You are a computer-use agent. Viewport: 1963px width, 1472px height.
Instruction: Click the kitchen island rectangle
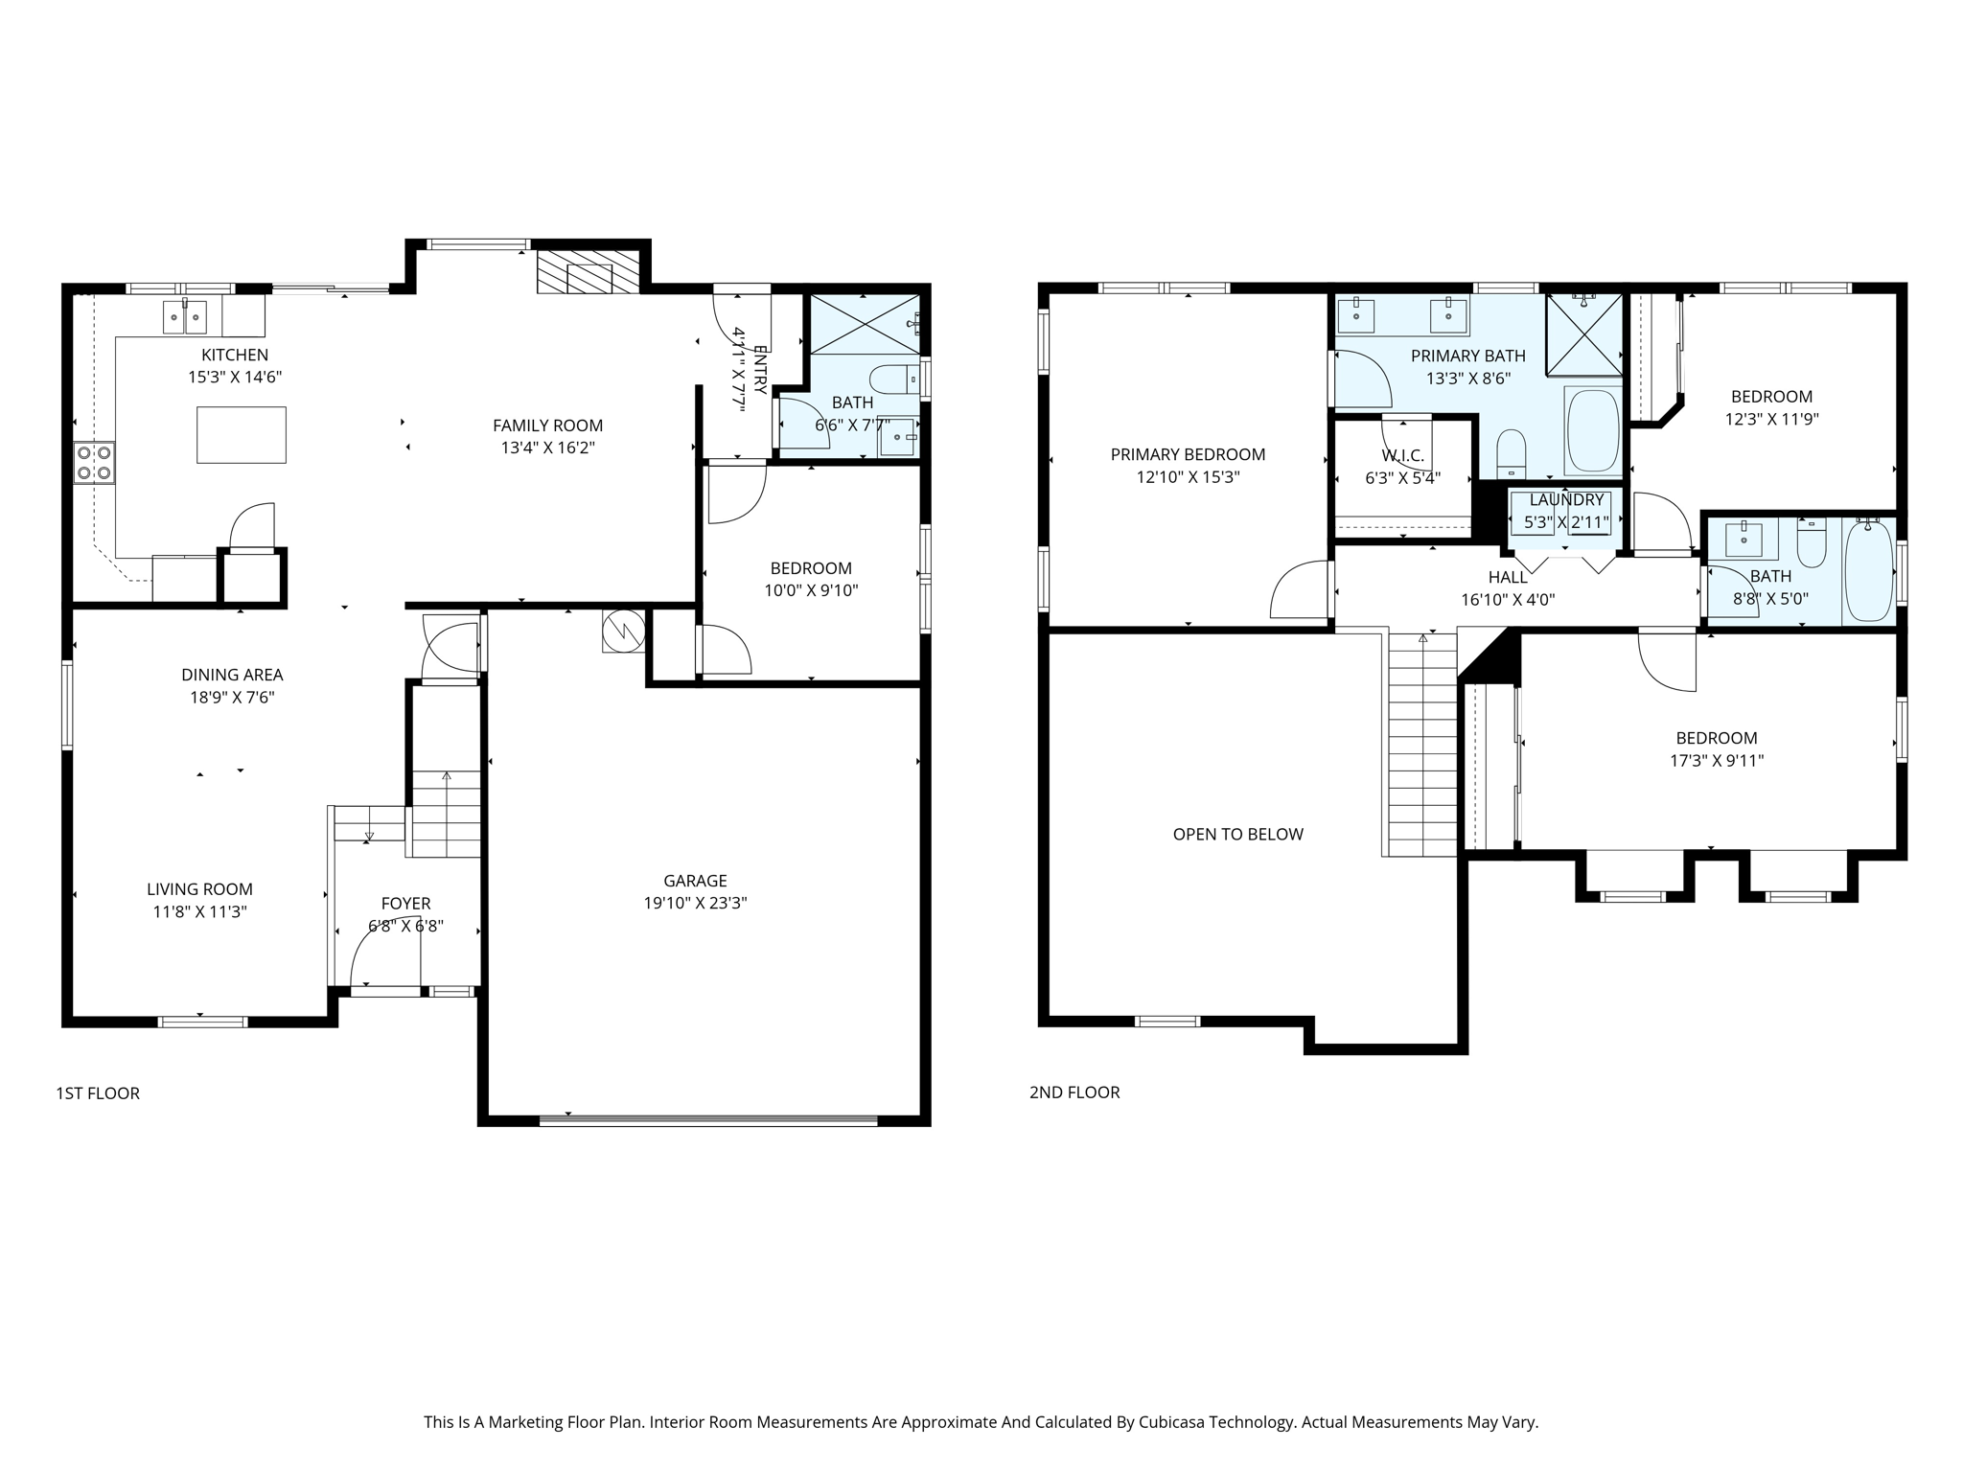click(x=241, y=435)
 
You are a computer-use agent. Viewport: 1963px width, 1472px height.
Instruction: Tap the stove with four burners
click(x=94, y=462)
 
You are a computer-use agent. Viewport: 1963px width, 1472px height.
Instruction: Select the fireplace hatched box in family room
click(x=588, y=272)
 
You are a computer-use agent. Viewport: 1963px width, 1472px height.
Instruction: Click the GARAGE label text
click(x=695, y=881)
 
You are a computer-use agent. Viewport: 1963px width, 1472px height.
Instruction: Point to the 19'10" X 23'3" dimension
click(x=695, y=903)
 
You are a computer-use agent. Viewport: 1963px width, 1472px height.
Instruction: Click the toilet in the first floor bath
click(x=893, y=379)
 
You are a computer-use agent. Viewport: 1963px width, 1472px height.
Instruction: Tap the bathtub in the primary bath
click(x=1592, y=430)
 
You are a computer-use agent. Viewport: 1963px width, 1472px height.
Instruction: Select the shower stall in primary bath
click(x=1583, y=334)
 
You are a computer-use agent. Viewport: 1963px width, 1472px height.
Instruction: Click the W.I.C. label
click(x=1402, y=455)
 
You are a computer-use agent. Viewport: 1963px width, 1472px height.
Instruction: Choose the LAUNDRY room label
click(x=1566, y=500)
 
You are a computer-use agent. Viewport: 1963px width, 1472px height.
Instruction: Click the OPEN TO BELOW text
click(x=1237, y=835)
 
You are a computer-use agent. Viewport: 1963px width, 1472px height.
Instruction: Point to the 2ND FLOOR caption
click(x=1074, y=1092)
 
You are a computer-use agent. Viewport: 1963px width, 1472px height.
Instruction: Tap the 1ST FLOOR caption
click(x=98, y=1093)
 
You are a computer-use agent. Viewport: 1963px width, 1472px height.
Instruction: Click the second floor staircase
click(x=1422, y=747)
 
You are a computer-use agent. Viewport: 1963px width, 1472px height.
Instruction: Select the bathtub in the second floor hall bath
click(x=1869, y=570)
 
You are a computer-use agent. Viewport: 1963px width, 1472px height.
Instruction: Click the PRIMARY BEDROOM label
click(x=1188, y=455)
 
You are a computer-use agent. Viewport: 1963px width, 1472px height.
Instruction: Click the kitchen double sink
click(x=184, y=314)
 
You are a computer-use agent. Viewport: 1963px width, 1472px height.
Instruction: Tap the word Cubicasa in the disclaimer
click(x=1171, y=1422)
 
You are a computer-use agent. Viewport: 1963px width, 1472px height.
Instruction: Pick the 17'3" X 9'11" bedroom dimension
click(x=1716, y=761)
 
